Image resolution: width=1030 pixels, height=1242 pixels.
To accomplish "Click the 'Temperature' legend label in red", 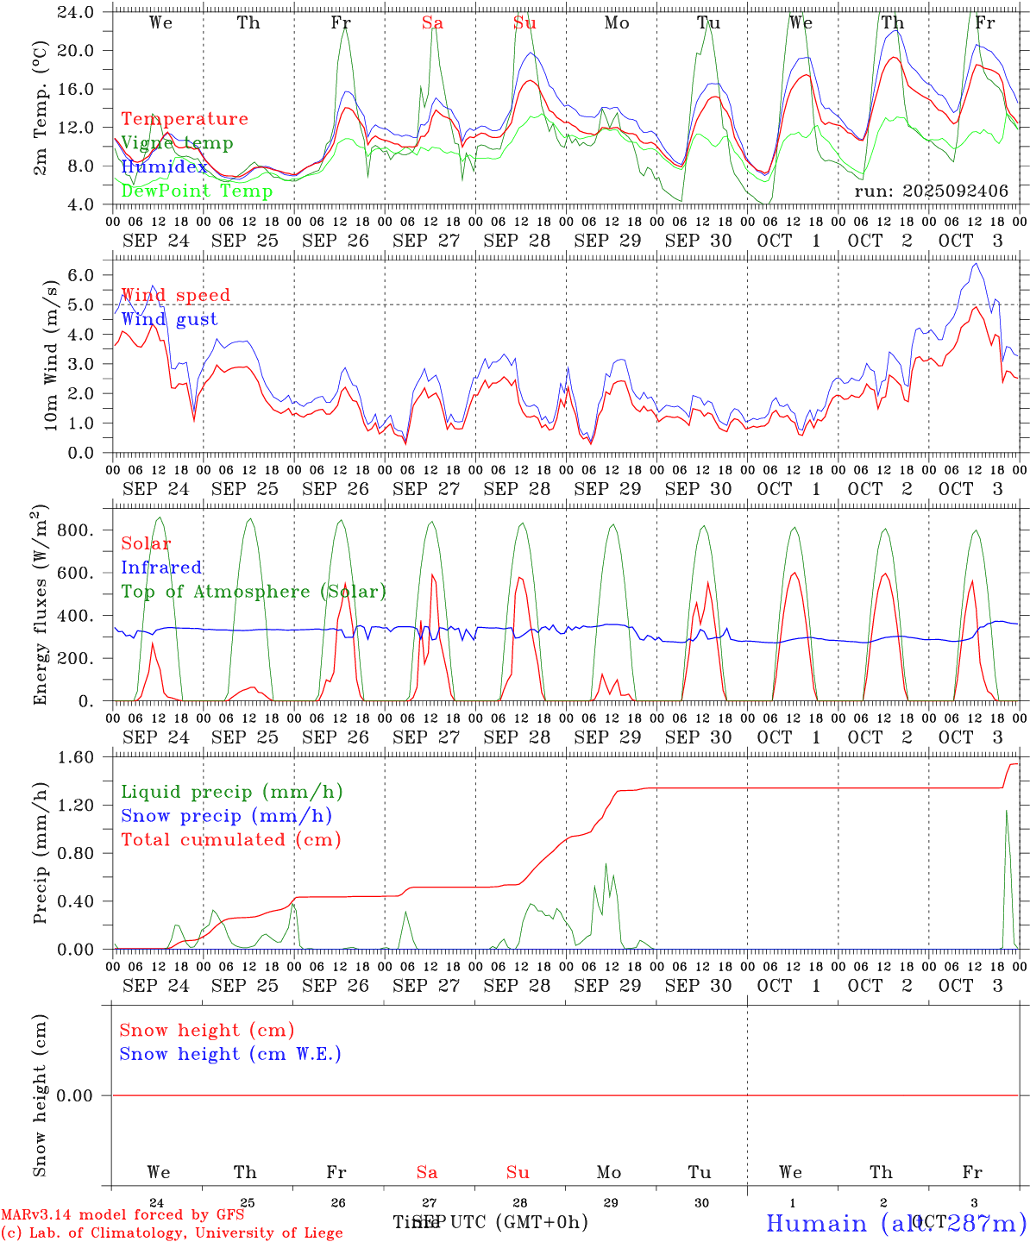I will pyautogui.click(x=184, y=119).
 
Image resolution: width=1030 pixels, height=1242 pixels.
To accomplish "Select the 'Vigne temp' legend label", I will pyautogui.click(x=177, y=143).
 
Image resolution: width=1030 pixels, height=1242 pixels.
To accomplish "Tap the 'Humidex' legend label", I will pyautogui.click(x=164, y=167).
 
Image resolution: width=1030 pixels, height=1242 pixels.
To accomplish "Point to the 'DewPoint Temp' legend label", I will pyautogui.click(x=197, y=191).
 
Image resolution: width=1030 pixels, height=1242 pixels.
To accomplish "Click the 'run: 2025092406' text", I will pyautogui.click(x=931, y=191).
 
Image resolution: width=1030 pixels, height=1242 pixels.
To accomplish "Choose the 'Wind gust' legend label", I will pyautogui.click(x=169, y=319).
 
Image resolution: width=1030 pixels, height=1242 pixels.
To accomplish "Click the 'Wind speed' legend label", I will pyautogui.click(x=175, y=295).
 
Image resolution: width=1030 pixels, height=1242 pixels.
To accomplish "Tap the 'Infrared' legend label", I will pyautogui.click(x=161, y=568).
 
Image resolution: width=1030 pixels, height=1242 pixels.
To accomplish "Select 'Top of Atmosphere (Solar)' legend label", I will pyautogui.click(x=253, y=592).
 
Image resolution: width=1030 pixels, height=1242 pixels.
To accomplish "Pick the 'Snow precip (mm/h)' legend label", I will pyautogui.click(x=226, y=816).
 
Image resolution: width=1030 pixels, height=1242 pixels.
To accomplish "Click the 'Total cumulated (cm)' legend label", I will pyautogui.click(x=230, y=840).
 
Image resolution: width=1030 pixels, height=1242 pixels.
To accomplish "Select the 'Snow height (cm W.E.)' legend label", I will pyautogui.click(x=229, y=1054).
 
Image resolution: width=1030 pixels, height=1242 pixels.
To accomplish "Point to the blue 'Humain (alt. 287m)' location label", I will pyautogui.click(x=895, y=1223).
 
